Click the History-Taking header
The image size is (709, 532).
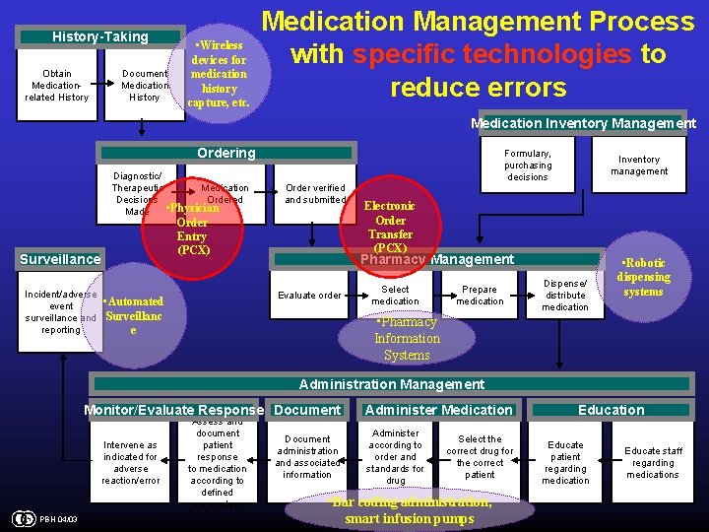point(100,37)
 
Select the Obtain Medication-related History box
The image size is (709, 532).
point(59,85)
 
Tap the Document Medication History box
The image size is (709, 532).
point(145,85)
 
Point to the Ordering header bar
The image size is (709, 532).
point(226,154)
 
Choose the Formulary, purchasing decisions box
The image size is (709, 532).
point(528,166)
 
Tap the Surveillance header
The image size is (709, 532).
point(61,259)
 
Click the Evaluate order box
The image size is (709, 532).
point(309,296)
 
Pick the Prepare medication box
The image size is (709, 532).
point(480,296)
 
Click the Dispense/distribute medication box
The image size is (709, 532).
point(565,296)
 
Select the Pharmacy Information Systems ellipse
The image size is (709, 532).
point(407,338)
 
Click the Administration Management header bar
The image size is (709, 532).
point(391,384)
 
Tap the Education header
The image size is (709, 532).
point(611,410)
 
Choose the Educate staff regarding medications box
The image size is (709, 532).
point(653,463)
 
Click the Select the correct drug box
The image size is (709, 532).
point(480,457)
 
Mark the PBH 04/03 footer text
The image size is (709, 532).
point(60,520)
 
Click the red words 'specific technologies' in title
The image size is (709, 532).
point(492,54)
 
